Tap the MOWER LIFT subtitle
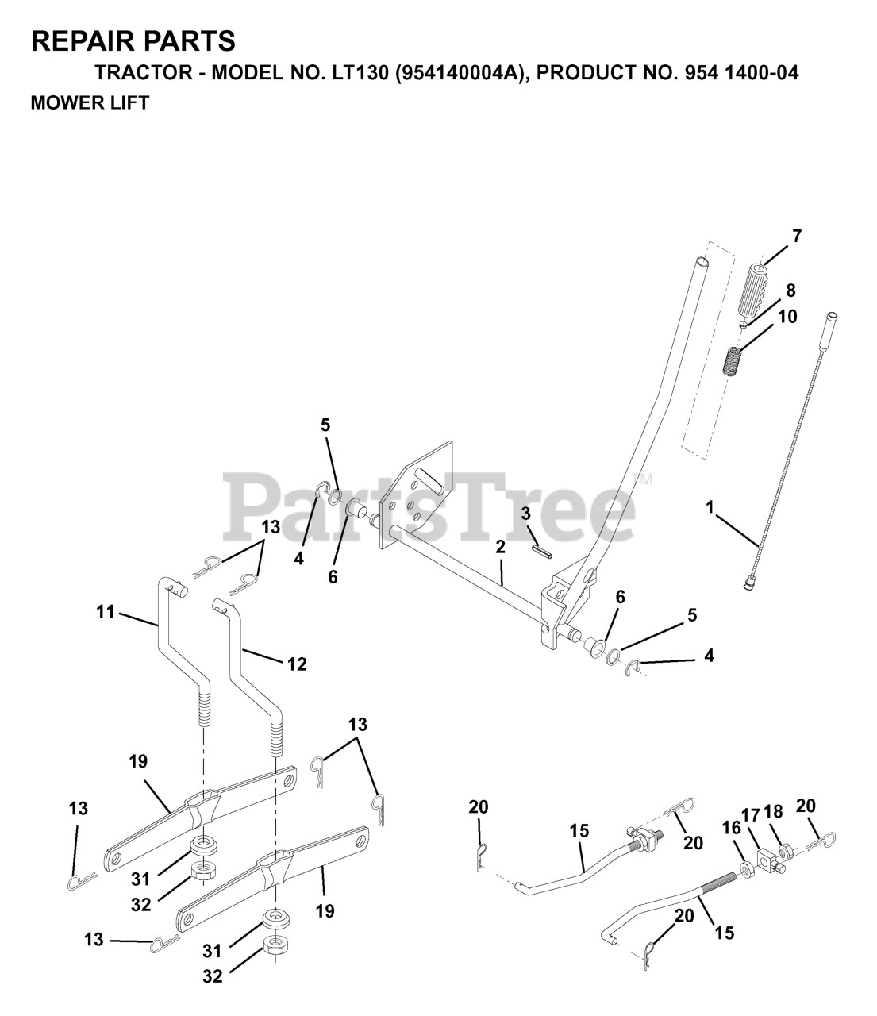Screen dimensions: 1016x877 [x=89, y=103]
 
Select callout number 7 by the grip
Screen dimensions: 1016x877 [x=796, y=236]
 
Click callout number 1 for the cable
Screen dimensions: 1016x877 [x=710, y=506]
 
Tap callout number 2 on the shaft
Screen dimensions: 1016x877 [x=500, y=547]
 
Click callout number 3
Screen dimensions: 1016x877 [x=525, y=514]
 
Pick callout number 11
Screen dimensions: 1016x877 [x=106, y=612]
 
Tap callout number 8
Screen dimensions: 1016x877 [x=790, y=290]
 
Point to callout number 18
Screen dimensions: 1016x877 [x=774, y=811]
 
